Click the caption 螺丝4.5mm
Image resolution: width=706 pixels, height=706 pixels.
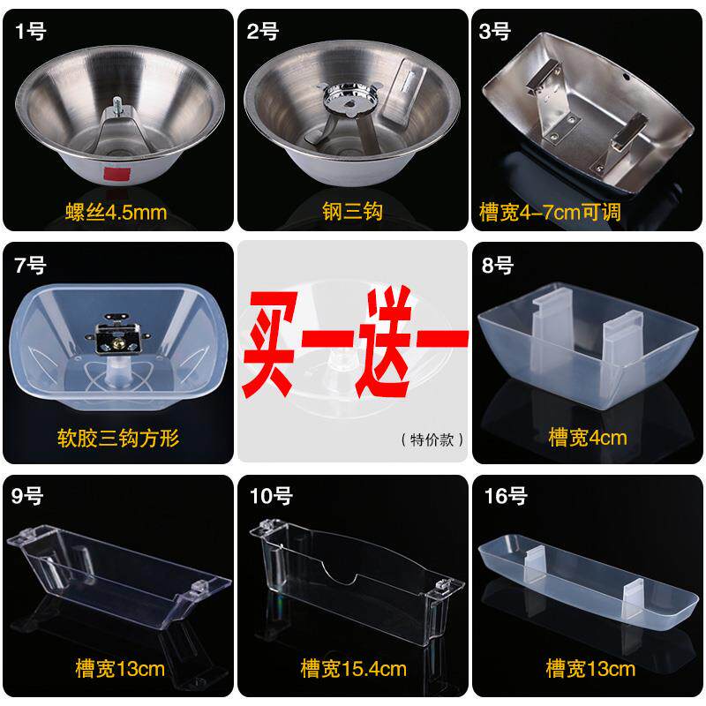coord(116,212)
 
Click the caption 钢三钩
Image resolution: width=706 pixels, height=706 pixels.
coord(351,212)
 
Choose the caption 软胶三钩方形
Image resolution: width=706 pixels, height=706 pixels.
coord(116,438)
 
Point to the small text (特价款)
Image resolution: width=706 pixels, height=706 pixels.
coord(432,439)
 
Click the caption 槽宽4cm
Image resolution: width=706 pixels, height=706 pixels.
coord(587,438)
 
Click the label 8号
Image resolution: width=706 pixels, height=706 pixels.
coord(499,266)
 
